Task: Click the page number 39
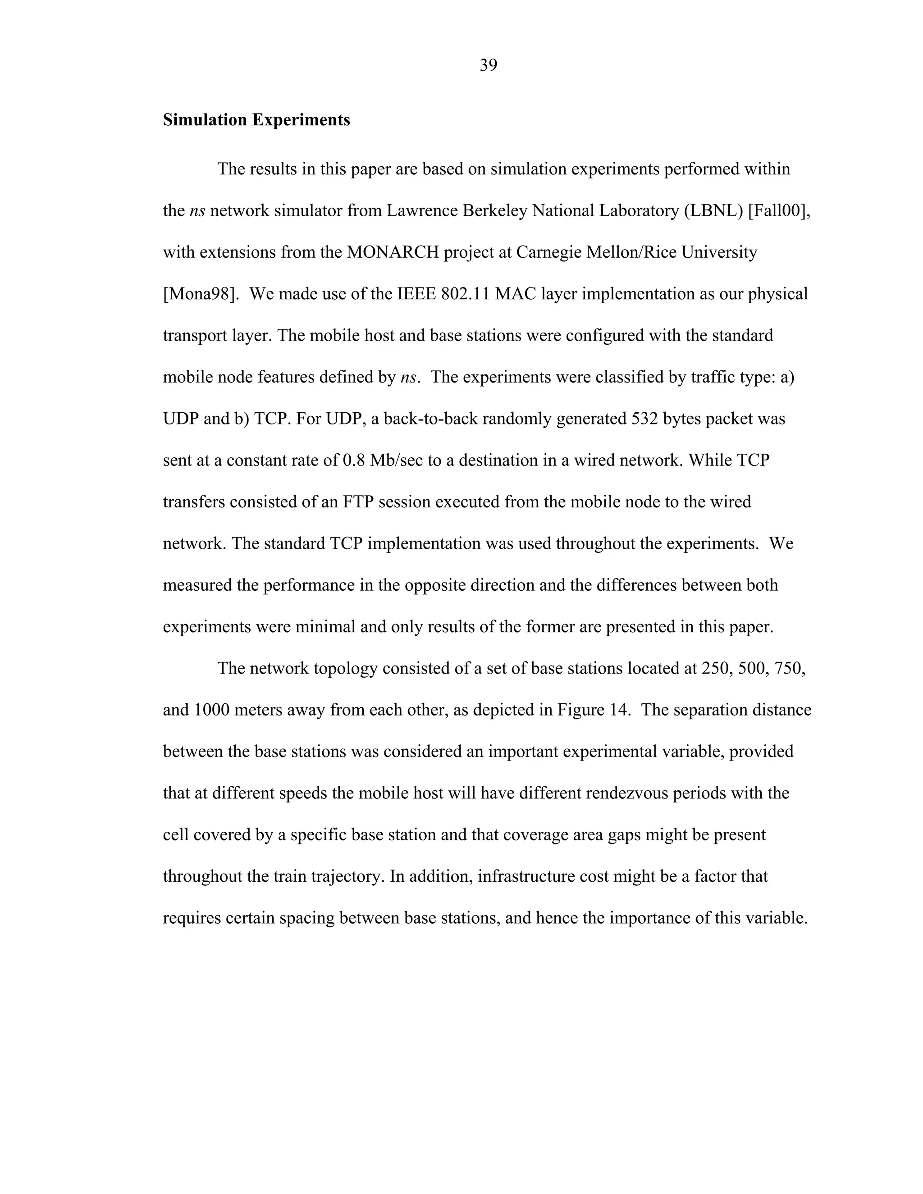point(488,66)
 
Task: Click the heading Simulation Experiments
point(256,120)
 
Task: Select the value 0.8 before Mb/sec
point(353,460)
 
